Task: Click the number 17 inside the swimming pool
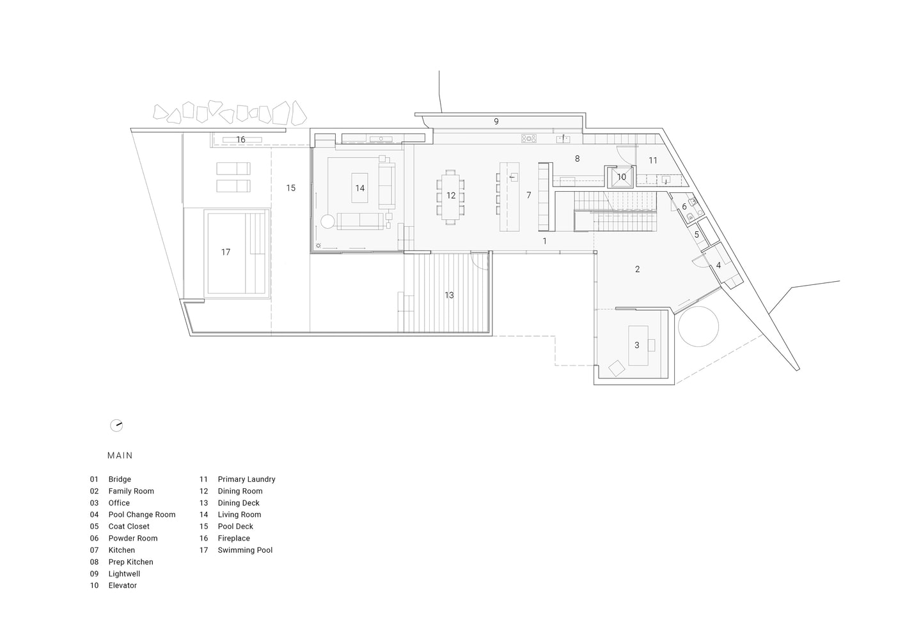225,252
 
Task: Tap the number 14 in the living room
359,188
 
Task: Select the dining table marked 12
450,196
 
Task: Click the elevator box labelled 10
621,177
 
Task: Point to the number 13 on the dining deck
449,295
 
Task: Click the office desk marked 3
638,346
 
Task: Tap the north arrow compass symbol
116,426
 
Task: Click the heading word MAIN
120,456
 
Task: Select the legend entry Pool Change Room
142,514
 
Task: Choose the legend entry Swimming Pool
245,550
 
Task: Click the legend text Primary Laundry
246,479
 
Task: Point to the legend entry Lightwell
124,574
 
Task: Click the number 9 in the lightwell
496,121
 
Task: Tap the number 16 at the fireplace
240,140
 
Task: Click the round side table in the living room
327,221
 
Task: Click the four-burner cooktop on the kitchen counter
529,139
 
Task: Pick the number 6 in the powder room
684,206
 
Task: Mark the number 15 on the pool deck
290,188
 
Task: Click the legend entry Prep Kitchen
130,562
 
